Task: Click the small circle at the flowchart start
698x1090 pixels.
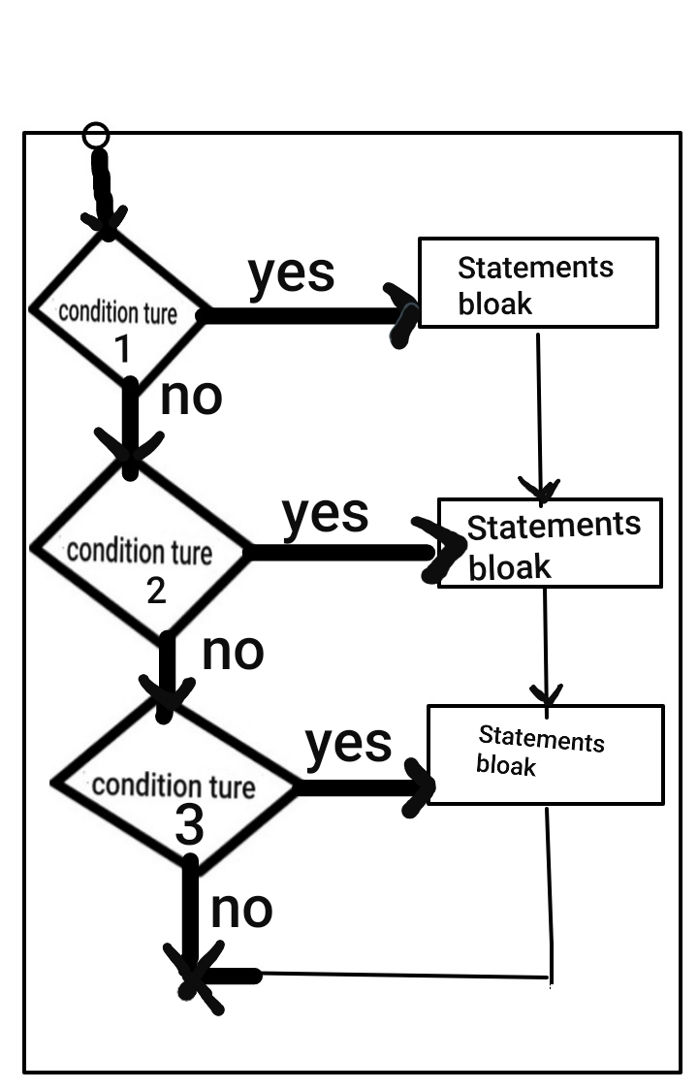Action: tap(95, 136)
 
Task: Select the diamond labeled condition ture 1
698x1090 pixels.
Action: tap(118, 310)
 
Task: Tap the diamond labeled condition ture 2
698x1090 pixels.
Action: tap(140, 551)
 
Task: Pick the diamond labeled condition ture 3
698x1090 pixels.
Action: tap(174, 785)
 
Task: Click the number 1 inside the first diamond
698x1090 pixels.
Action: tap(122, 349)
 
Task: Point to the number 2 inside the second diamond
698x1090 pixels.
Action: tap(156, 591)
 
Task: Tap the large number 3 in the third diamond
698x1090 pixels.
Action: tap(190, 827)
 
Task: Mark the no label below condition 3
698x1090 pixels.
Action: tap(241, 909)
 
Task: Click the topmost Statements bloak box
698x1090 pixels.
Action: tap(538, 282)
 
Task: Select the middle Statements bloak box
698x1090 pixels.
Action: tap(550, 543)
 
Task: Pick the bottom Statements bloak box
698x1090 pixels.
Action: tap(545, 754)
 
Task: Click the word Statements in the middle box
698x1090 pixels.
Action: tap(554, 527)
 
